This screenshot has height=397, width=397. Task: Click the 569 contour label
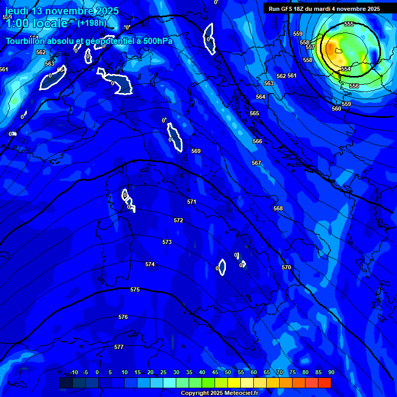(196, 151)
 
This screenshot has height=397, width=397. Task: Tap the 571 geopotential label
(192, 202)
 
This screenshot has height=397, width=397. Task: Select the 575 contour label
(135, 289)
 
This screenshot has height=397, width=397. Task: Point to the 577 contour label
(119, 347)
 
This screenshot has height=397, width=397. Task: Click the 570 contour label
(286, 267)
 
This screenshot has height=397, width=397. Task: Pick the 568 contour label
(278, 208)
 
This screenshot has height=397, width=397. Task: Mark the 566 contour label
(257, 141)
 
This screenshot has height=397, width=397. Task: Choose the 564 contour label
(261, 97)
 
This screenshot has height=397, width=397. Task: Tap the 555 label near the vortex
(349, 24)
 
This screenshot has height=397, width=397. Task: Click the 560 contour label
(337, 109)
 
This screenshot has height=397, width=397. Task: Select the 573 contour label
(167, 242)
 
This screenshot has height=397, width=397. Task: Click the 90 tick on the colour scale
(331, 372)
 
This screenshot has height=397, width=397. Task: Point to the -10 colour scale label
(73, 372)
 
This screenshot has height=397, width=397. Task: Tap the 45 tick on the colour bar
(215, 372)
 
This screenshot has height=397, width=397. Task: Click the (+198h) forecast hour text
(91, 23)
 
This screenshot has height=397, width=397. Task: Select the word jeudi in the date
(17, 11)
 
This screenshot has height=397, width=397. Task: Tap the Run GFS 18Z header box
(324, 9)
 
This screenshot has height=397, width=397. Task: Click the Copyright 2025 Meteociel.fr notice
(219, 393)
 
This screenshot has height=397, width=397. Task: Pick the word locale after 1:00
(50, 23)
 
